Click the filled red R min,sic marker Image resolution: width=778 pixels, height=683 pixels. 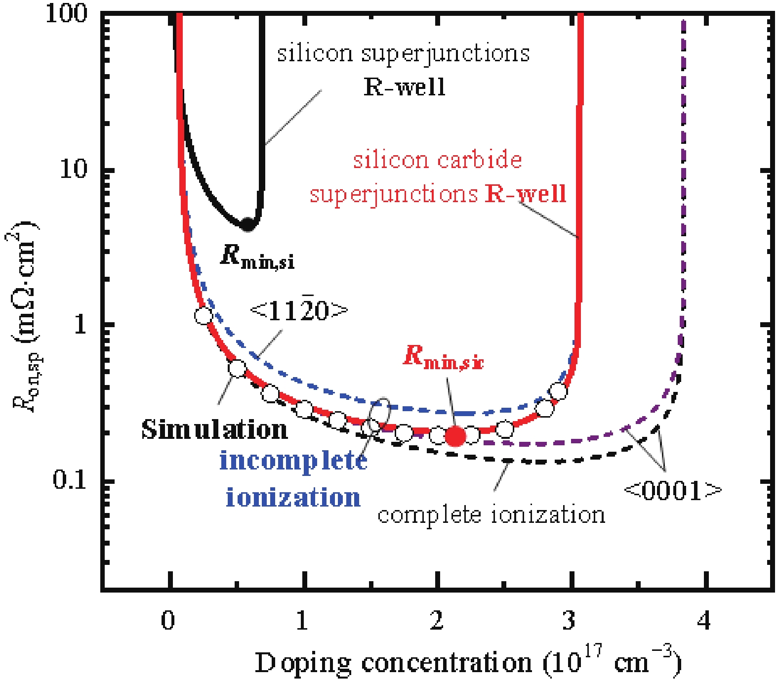tap(455, 436)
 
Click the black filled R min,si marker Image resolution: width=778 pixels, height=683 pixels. tap(247, 225)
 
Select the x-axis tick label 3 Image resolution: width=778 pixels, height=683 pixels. tap(569, 620)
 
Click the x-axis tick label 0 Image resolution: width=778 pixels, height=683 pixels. tap(168, 620)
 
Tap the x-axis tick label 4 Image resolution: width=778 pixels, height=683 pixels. tap(704, 620)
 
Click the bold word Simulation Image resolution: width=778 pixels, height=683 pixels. tap(214, 429)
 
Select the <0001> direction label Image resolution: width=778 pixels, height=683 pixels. tap(673, 490)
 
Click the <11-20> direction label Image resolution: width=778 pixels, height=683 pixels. tap(299, 310)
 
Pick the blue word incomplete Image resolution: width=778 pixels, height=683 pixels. tap(293, 461)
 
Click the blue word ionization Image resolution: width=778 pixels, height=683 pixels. tap(293, 497)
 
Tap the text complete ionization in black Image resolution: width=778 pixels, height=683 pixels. tap(491, 514)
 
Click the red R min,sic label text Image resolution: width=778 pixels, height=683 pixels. tap(443, 357)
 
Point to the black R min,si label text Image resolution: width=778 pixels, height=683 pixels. tap(257, 256)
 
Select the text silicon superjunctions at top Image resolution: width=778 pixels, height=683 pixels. tap(403, 53)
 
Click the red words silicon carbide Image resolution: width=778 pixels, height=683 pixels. tap(437, 160)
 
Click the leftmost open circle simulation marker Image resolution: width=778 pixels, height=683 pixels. tap(204, 315)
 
